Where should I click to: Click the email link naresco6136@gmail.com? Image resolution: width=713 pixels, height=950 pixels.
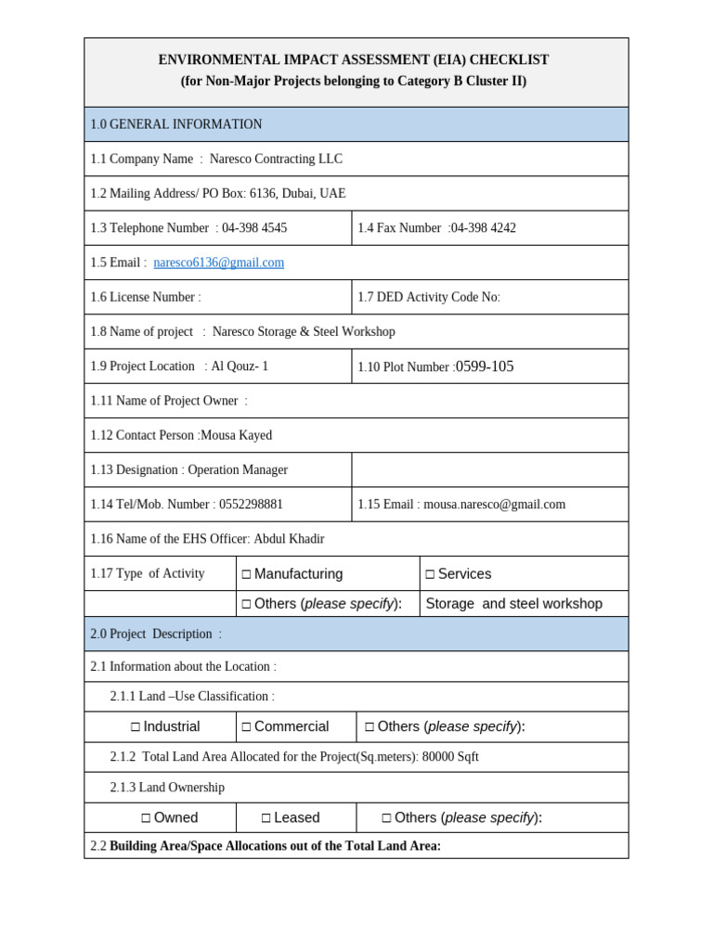click(219, 263)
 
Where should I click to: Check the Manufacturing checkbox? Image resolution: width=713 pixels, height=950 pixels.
click(247, 574)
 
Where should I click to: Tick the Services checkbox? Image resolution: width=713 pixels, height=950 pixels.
click(430, 574)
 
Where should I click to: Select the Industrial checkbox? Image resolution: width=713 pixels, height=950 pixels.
click(136, 727)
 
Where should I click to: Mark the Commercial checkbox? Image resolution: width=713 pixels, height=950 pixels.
click(247, 727)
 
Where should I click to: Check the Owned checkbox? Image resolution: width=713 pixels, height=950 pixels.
click(147, 818)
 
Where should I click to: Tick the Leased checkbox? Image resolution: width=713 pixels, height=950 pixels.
click(266, 818)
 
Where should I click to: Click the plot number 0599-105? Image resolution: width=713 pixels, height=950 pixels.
click(485, 366)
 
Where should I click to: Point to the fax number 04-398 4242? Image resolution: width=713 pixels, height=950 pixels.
click(483, 228)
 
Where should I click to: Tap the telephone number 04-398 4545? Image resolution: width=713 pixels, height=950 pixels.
click(254, 228)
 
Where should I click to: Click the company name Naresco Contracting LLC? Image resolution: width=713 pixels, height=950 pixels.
click(276, 159)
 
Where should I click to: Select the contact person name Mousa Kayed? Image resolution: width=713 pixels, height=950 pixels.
click(237, 435)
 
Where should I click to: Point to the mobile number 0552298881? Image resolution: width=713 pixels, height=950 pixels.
click(251, 505)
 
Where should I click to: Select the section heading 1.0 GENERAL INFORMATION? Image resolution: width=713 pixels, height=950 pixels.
click(176, 124)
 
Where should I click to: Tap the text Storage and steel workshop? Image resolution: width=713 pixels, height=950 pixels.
click(513, 604)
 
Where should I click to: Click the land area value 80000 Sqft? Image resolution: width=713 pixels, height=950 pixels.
click(450, 757)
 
